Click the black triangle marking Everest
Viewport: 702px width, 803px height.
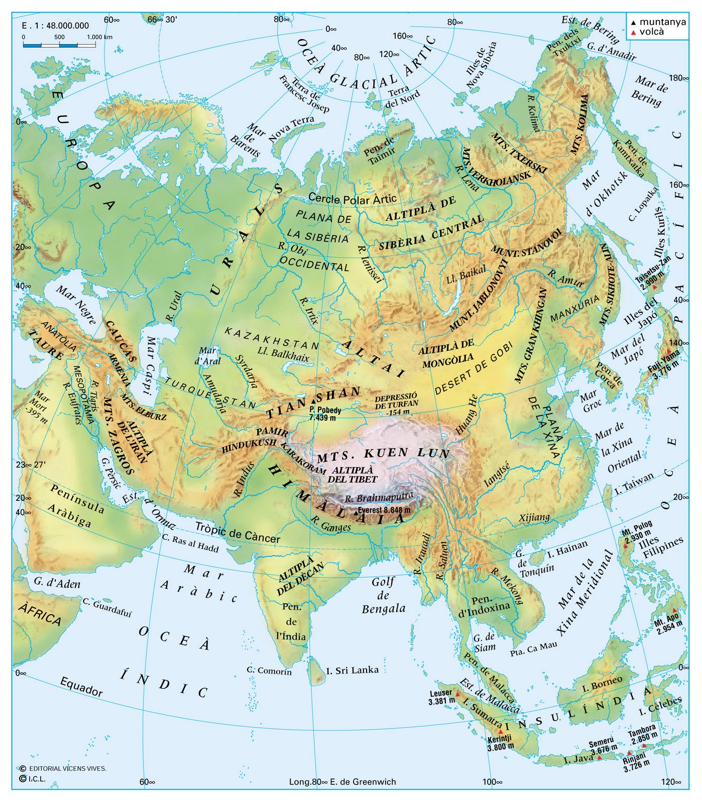tap(356, 513)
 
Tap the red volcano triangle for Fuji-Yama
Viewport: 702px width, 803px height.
tap(668, 351)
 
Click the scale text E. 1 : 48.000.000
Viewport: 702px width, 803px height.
tap(55, 26)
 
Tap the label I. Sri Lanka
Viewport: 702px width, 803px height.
tap(352, 670)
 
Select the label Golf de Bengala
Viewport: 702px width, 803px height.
tap(383, 595)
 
